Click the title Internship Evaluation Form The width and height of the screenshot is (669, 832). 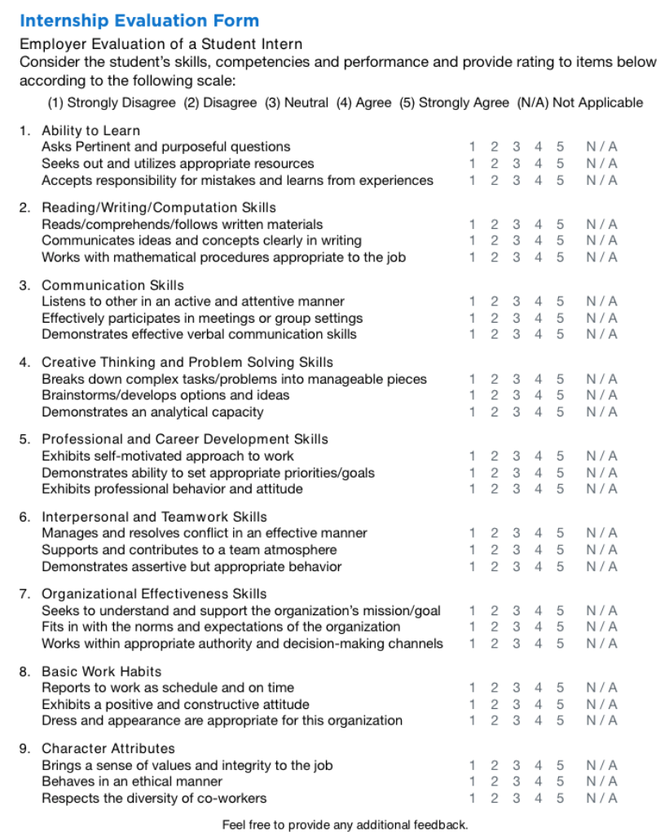click(139, 21)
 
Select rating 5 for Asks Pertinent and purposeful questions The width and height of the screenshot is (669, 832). click(560, 147)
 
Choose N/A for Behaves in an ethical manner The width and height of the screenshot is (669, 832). click(601, 781)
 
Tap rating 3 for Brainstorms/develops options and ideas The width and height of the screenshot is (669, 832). click(516, 395)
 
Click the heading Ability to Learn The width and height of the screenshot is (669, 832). click(90, 130)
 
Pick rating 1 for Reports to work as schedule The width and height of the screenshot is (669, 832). click(472, 688)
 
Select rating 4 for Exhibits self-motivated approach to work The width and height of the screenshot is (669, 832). click(538, 456)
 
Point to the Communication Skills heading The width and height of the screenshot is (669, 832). click(112, 285)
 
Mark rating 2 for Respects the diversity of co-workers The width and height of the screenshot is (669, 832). click(494, 798)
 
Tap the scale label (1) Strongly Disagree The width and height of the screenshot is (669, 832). click(112, 103)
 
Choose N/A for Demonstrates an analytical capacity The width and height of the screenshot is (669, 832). click(601, 412)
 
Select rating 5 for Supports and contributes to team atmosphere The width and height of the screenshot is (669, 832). click(560, 550)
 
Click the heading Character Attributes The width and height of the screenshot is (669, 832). click(108, 748)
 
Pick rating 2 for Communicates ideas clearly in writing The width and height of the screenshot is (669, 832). click(494, 240)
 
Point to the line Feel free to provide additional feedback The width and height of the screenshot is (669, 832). click(345, 825)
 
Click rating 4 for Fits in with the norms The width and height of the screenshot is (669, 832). click(538, 627)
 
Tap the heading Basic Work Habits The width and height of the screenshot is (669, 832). click(101, 671)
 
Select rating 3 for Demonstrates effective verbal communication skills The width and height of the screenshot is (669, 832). click(516, 334)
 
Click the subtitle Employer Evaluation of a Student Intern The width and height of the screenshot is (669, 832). click(161, 44)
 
